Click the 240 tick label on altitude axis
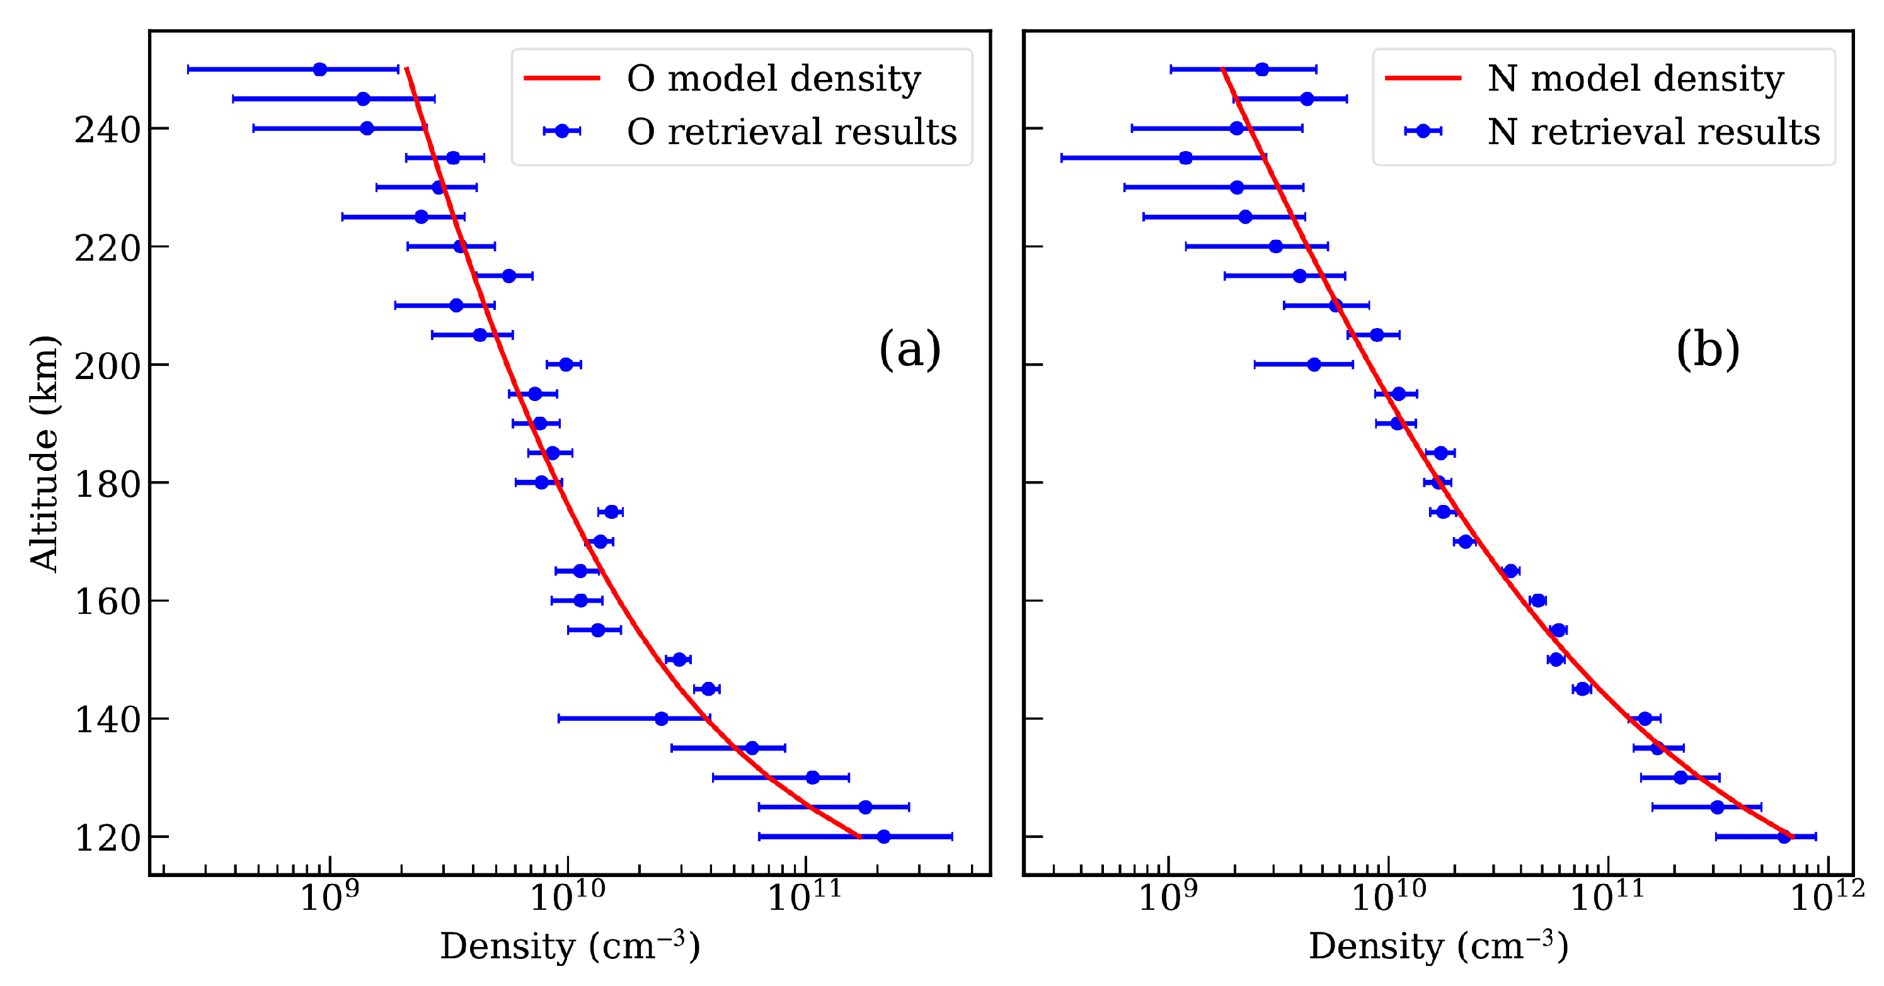pos(108,131)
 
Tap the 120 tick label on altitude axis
pos(108,839)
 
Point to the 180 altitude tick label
pos(108,485)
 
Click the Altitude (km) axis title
pos(44,453)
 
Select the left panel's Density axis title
pos(570,946)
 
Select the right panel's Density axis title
pos(1438,946)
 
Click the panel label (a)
pos(909,349)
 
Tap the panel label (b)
pos(1707,349)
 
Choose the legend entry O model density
pos(773,78)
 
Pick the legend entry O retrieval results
pos(791,132)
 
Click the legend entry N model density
pos(1635,78)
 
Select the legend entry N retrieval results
pos(1653,132)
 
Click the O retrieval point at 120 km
pos(883,836)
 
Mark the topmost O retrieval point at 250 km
pos(319,69)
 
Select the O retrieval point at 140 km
pos(661,718)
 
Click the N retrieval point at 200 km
pos(1314,364)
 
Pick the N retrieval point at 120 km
pos(1784,836)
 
